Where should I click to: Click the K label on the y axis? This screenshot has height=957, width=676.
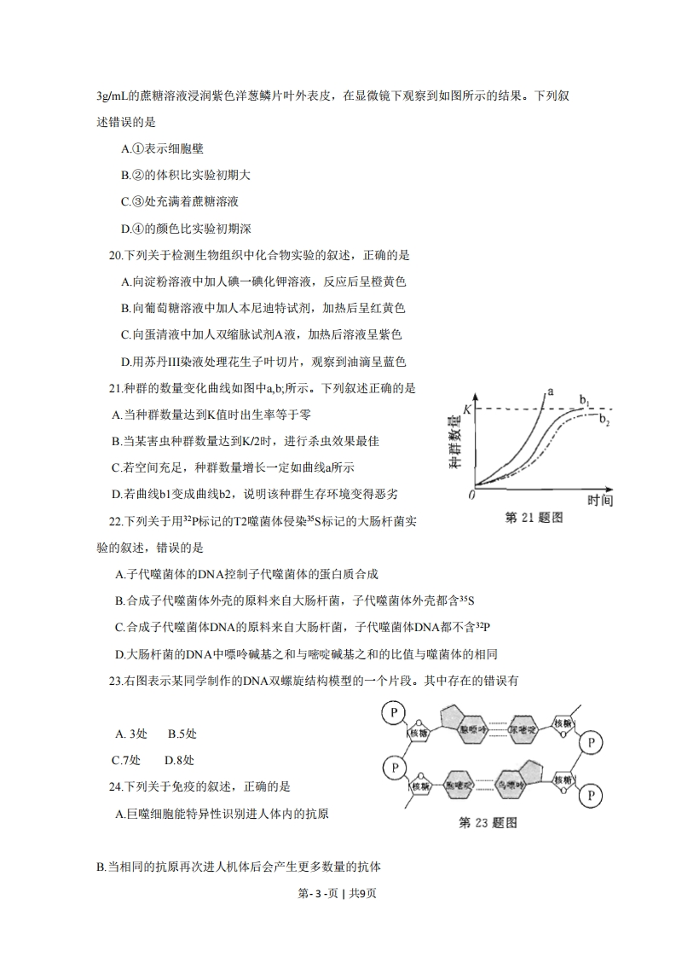(x=468, y=410)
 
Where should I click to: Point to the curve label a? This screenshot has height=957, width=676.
(x=551, y=391)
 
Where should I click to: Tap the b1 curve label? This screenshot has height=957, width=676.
(x=585, y=400)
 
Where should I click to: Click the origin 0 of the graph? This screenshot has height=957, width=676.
(x=471, y=495)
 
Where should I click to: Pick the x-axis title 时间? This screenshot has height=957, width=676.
(x=599, y=500)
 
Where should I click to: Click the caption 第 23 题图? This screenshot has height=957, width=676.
(x=488, y=823)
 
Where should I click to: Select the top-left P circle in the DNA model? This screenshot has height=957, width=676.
(x=393, y=712)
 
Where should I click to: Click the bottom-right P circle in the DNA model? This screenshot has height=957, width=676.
(x=589, y=796)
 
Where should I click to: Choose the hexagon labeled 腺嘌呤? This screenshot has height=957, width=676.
(x=471, y=729)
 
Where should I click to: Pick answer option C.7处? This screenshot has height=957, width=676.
(x=126, y=760)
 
